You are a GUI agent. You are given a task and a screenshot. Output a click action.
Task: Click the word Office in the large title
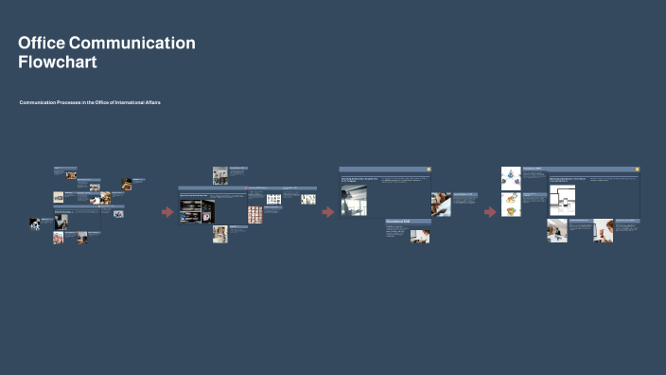[41, 43]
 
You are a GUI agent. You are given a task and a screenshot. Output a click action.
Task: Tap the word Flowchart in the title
[58, 62]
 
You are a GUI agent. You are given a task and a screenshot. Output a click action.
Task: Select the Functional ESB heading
[398, 221]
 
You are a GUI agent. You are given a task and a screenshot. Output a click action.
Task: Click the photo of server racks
[197, 209]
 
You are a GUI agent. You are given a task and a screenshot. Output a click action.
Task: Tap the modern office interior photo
[354, 200]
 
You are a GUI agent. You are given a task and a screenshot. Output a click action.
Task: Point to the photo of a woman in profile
[603, 230]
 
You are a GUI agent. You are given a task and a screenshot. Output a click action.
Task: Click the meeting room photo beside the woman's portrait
[557, 230]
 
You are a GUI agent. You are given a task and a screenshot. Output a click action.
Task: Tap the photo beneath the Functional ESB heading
[419, 236]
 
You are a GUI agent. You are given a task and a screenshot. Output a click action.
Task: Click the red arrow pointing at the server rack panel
[167, 212]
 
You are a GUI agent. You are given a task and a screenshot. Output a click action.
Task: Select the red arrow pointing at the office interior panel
[328, 212]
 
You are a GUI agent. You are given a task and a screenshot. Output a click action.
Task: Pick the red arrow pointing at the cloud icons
[490, 212]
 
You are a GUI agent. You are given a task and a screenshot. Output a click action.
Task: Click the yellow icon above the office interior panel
[428, 170]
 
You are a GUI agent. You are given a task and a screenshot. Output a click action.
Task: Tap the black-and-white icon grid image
[274, 199]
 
